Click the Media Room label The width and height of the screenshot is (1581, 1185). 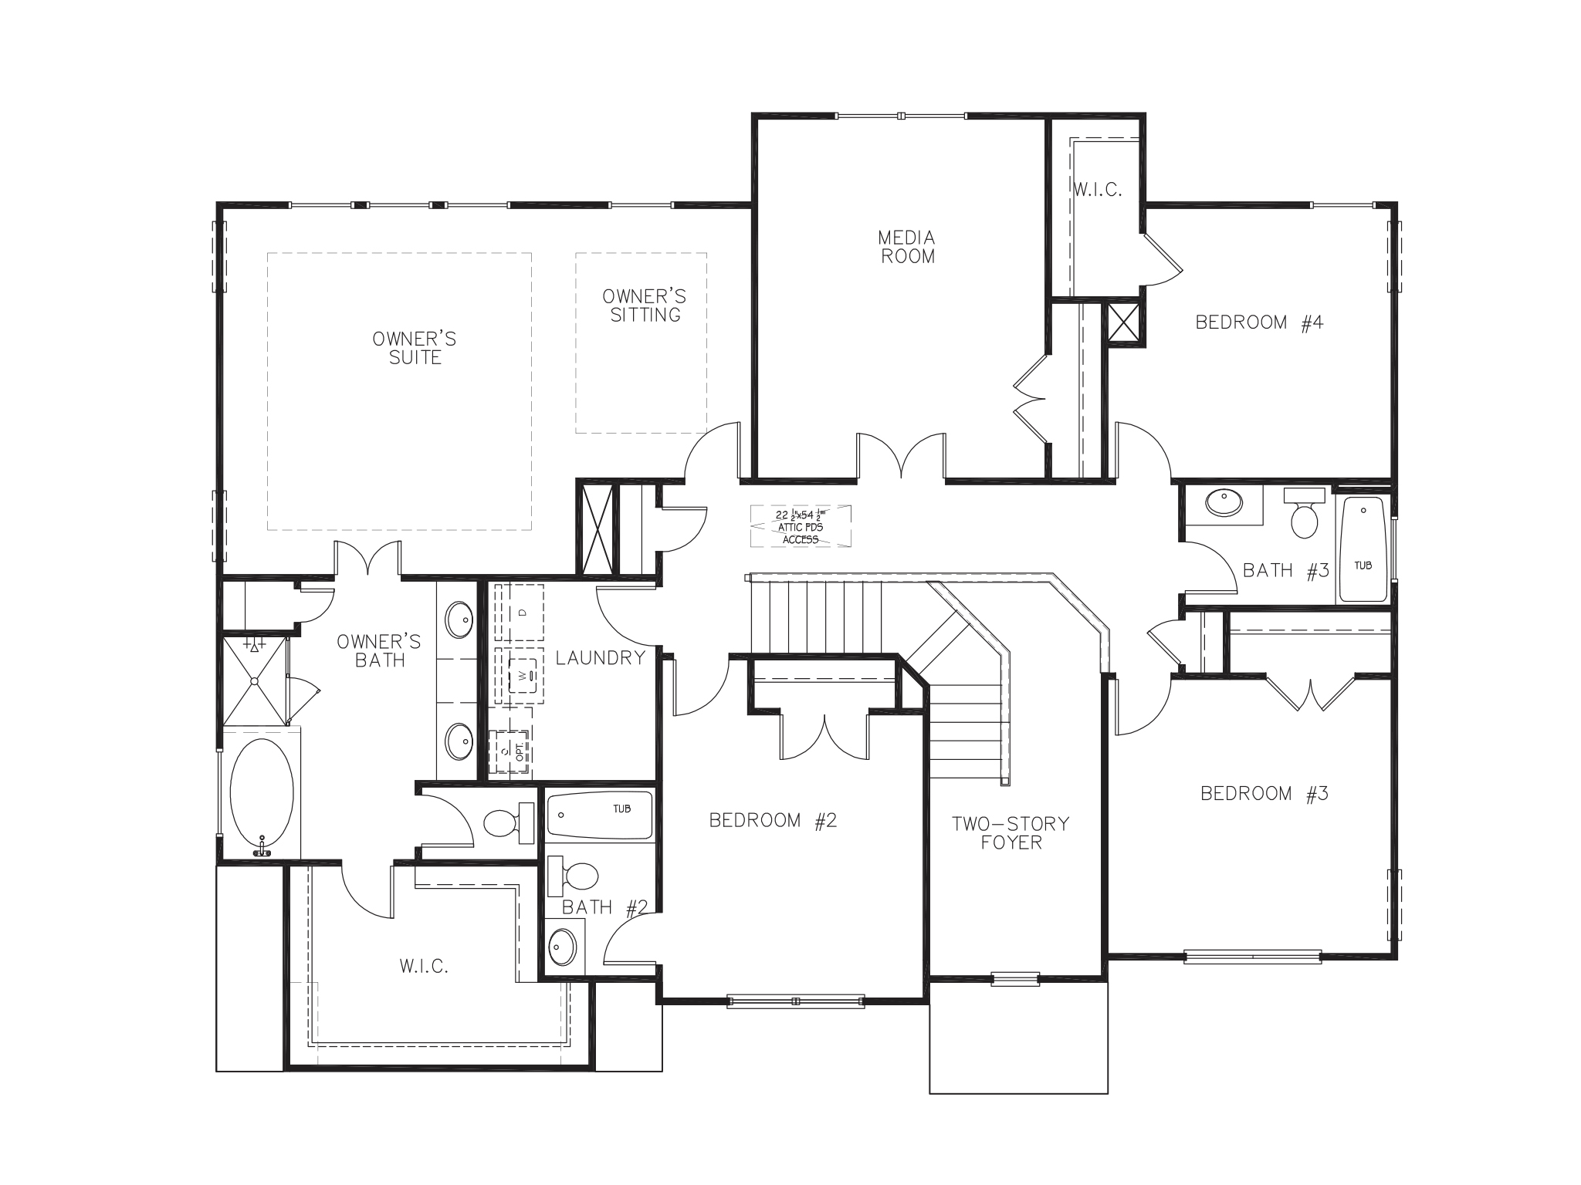[x=908, y=247]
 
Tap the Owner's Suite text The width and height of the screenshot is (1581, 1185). [x=415, y=348]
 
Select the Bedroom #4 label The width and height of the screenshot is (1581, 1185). [x=1259, y=322]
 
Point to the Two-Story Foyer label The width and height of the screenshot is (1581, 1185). [x=1011, y=833]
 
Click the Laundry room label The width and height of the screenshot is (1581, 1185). [x=600, y=658]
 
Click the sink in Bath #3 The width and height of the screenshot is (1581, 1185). [x=1224, y=502]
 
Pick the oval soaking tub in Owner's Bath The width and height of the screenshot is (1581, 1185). [x=262, y=794]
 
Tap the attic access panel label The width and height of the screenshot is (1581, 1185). [x=801, y=526]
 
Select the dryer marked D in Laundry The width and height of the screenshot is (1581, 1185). [x=520, y=613]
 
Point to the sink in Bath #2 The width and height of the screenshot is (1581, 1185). [x=563, y=947]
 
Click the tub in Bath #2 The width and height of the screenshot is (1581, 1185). [x=600, y=815]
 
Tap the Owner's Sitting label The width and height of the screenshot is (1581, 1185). [x=645, y=306]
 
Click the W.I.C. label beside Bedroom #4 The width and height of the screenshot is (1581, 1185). [x=1097, y=190]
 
